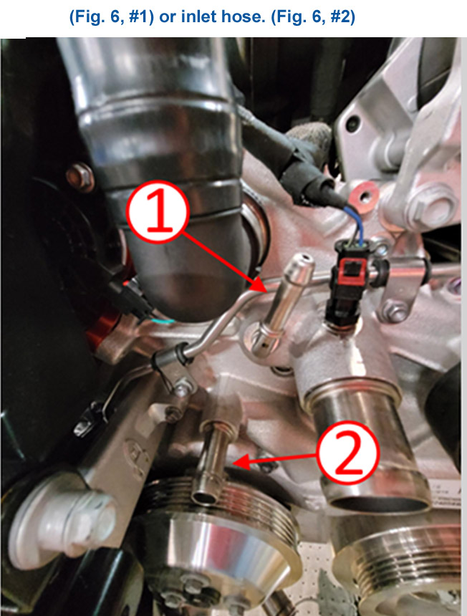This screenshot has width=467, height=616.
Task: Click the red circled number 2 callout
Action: point(348,453)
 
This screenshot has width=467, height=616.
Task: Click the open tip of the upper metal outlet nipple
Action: point(303,259)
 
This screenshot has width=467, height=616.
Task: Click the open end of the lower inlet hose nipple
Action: point(204,498)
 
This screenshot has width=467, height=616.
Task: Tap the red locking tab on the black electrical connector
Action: point(352,273)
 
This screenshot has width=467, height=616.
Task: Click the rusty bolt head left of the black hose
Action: point(80,177)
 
